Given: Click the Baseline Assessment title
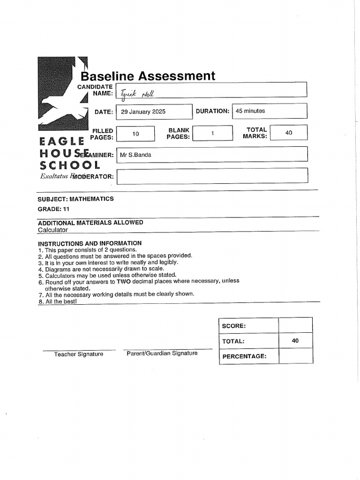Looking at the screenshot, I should [x=148, y=76].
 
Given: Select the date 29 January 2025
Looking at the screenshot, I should [x=143, y=112].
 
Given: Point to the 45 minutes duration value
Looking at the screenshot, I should [x=250, y=111].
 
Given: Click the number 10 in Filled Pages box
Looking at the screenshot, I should [x=135, y=134].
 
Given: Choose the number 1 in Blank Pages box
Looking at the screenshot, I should [x=212, y=133].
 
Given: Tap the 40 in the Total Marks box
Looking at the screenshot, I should [x=289, y=133].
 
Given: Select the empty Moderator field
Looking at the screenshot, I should [x=212, y=176].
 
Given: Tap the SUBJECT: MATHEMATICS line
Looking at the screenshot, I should [x=75, y=199].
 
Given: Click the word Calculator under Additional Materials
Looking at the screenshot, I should [x=52, y=230].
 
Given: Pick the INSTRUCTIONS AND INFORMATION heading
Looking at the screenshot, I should [x=90, y=243].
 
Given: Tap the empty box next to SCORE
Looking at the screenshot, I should [x=295, y=325].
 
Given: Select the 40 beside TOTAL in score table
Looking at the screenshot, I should [x=295, y=341].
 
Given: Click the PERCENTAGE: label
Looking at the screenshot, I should [x=244, y=356].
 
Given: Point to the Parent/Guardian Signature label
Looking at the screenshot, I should [x=162, y=353].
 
